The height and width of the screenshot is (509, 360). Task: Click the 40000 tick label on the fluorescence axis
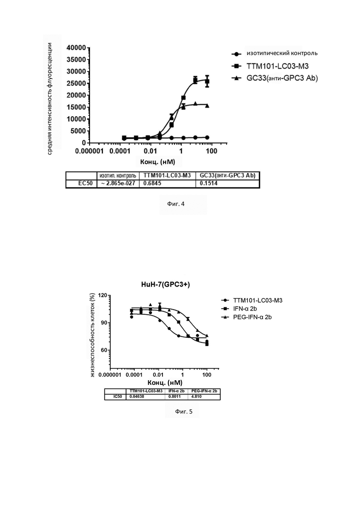pos(76,48)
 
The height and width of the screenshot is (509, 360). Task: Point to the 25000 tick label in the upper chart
pos(76,84)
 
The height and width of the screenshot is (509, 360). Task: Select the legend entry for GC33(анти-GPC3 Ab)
pos(274,78)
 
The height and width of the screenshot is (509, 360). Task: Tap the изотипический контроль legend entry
pos(274,53)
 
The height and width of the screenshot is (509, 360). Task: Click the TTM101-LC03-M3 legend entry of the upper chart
pos(270,66)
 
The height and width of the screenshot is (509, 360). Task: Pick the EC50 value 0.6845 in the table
pos(153,183)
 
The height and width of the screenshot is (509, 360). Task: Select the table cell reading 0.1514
pos(209,183)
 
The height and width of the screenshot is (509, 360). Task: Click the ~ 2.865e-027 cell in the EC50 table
pos(118,183)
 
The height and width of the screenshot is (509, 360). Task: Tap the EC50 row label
pos(85,183)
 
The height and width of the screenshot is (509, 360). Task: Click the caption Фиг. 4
pos(176,204)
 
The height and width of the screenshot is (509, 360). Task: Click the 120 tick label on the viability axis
pos(102,295)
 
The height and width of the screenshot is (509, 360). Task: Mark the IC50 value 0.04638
pos(137,397)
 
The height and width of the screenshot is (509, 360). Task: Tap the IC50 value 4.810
pos(197,397)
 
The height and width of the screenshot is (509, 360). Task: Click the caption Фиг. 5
pos(184,412)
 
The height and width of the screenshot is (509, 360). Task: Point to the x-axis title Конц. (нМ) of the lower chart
pos(165,383)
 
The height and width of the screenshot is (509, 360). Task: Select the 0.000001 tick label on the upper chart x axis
pos(89,151)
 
